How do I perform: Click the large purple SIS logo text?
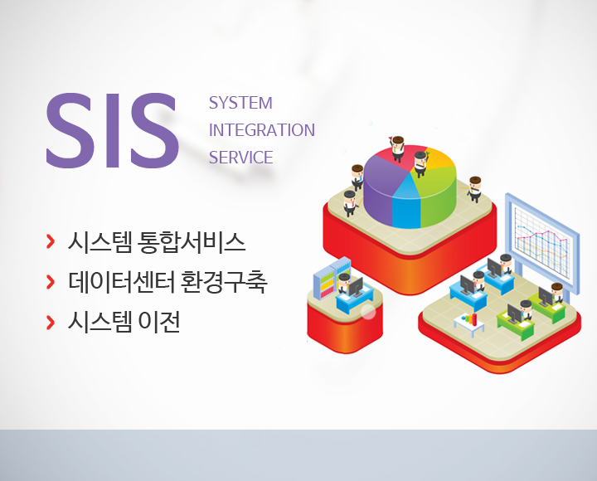click(x=113, y=130)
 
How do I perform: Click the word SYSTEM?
click(x=240, y=103)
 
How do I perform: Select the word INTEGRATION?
click(x=262, y=130)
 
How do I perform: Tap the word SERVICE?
click(x=241, y=158)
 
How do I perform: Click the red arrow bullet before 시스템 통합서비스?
click(x=51, y=242)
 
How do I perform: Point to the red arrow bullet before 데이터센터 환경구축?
click(x=51, y=282)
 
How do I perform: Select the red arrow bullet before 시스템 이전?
click(x=51, y=322)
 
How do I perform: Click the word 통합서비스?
click(x=192, y=242)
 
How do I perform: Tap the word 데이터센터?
click(x=122, y=282)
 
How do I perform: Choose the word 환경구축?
click(x=224, y=282)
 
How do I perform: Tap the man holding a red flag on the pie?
click(x=397, y=149)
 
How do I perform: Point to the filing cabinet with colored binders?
click(x=331, y=278)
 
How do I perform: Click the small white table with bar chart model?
click(x=469, y=326)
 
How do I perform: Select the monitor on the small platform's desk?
click(x=356, y=288)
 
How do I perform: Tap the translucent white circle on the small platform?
click(x=368, y=312)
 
